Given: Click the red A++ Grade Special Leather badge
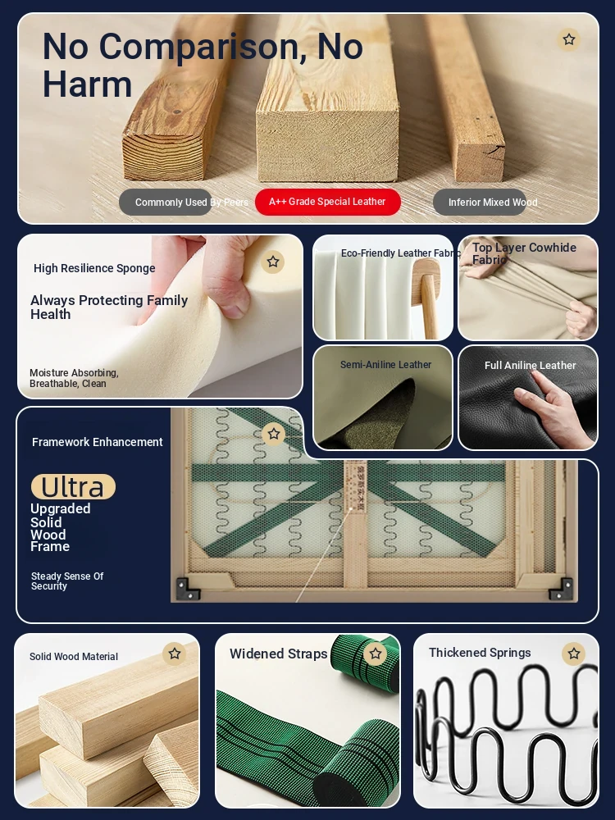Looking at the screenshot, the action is coord(328,202).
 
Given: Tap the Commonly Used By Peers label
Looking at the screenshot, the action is coord(191,203).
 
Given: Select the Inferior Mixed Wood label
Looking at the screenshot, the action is coord(493,203).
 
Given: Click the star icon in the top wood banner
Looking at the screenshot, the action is coord(569,39).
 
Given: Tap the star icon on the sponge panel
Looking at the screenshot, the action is coord(273,262).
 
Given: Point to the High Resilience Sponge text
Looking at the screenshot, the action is coord(94,268).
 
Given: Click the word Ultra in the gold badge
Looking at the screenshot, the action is coord(73,487).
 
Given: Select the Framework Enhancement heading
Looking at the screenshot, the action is coord(98,442).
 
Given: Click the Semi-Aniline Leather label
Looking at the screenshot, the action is coord(386,365).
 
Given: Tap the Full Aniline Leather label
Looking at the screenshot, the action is coord(531,365).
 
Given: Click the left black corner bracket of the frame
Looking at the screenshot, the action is coord(188,589).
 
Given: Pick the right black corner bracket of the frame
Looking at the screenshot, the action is coord(561,589).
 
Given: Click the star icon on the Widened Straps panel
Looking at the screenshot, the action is coord(376,654).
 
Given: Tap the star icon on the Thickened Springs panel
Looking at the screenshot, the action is coord(574,654).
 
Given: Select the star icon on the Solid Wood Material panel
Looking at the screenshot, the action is coord(175,654).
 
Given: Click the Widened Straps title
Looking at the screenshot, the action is coord(278,654).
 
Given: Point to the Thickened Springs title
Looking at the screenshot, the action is coord(480,653).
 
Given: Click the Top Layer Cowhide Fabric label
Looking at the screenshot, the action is coord(524,253).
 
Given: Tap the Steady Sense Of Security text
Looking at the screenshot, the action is coord(67,581).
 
